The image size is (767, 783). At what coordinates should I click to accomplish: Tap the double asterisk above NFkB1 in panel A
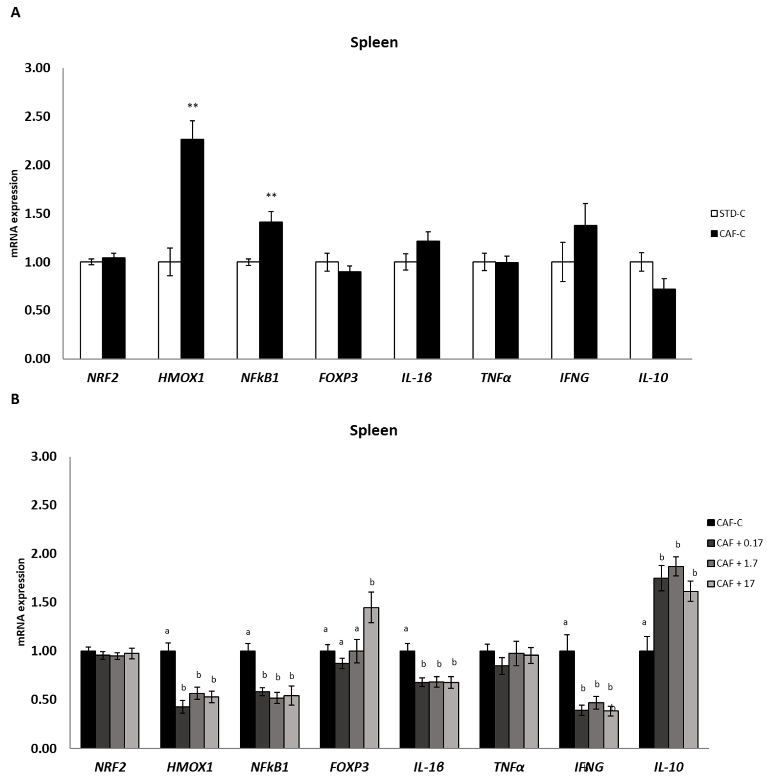(271, 196)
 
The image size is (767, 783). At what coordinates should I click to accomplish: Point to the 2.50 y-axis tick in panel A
(37, 117)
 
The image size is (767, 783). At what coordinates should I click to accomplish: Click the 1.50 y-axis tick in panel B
(44, 602)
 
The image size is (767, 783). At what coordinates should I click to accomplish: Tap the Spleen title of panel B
(373, 430)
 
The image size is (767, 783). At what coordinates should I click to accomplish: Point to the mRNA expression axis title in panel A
(14, 214)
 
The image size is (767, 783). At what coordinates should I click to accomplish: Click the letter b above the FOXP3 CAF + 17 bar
(372, 582)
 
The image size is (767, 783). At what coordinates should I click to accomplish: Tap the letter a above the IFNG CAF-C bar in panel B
(566, 623)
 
